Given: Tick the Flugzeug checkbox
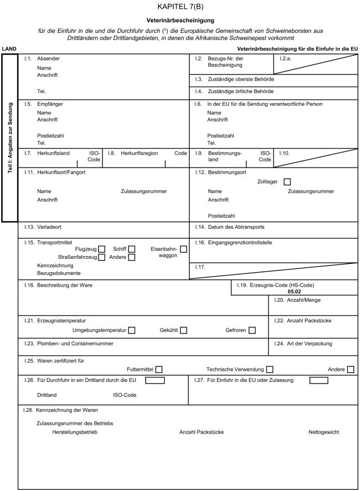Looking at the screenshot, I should pos(102,249).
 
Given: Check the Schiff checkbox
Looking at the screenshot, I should pos(131,249).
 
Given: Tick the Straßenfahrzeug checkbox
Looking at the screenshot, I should pos(102,257).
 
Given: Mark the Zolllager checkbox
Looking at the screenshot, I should pos(287,181).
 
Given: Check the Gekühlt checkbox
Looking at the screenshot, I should pos(184,331).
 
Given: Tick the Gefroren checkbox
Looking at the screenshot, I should pos(253,331).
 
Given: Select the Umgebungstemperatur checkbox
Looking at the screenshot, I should pos(132,331).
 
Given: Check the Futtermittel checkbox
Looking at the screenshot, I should pos(159,369).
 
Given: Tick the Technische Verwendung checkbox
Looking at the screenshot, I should pos(270,369).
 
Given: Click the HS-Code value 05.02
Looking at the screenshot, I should pos(294,291).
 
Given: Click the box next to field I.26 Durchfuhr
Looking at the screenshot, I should pos(155,381).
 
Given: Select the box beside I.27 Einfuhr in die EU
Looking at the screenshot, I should pos(318,381).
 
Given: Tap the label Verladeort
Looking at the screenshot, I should pos(50,227).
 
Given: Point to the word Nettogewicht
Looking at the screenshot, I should pos(324,431).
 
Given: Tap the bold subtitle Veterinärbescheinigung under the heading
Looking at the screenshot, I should pos(180,21).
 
